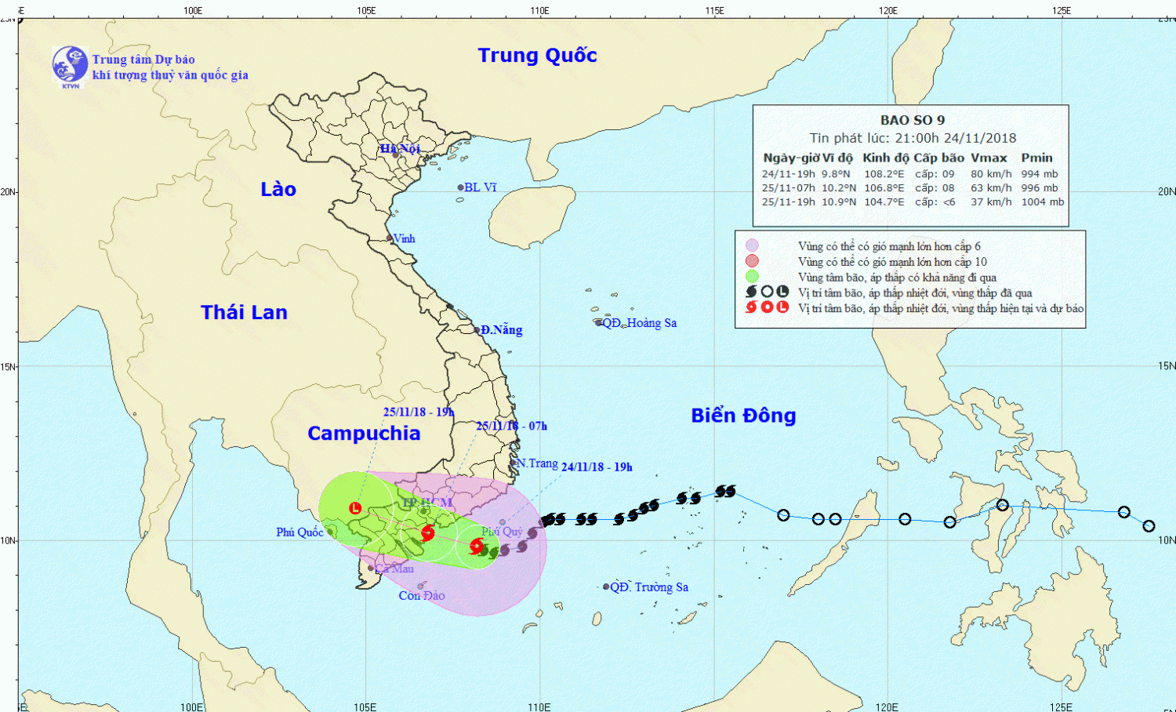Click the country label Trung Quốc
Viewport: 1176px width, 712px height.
(537, 56)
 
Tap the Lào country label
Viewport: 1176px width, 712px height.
(278, 189)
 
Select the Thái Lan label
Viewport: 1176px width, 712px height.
(244, 312)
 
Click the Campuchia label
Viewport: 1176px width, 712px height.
(364, 434)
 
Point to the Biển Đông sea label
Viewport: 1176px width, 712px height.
(743, 416)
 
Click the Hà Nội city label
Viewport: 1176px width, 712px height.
(401, 148)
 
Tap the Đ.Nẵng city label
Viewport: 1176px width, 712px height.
(501, 330)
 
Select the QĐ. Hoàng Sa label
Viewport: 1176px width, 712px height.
(639, 323)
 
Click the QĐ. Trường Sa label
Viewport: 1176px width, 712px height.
(648, 587)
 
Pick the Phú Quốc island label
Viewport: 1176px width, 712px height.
(299, 532)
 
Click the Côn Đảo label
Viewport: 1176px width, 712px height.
(422, 596)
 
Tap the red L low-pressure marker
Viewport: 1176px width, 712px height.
(355, 508)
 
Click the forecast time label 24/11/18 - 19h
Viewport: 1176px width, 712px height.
(597, 467)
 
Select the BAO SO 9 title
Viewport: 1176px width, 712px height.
(913, 120)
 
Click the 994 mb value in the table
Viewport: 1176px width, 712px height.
(1040, 174)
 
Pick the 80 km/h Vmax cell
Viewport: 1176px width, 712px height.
(991, 174)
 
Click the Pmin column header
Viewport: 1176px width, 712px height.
(1036, 158)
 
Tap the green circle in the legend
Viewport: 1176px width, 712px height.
(752, 277)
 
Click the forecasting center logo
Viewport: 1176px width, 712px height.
(70, 66)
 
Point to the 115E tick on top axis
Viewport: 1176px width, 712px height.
(714, 10)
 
